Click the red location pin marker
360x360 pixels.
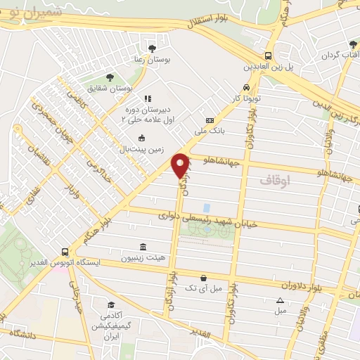pyautogui.click(x=181, y=165)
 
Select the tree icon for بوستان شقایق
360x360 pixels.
pyautogui.click(x=108, y=77)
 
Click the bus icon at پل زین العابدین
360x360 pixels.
pyautogui.click(x=267, y=56)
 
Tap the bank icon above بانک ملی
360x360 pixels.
pyautogui.click(x=209, y=121)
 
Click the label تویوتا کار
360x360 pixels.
pyautogui.click(x=247, y=98)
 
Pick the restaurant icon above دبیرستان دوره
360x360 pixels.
pyautogui.click(x=147, y=99)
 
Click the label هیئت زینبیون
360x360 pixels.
pyautogui.click(x=143, y=257)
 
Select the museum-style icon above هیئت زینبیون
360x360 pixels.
pyautogui.click(x=143, y=246)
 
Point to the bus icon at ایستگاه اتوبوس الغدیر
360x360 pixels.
pyautogui.click(x=65, y=252)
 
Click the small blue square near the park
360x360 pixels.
pyautogui.click(x=207, y=208)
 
